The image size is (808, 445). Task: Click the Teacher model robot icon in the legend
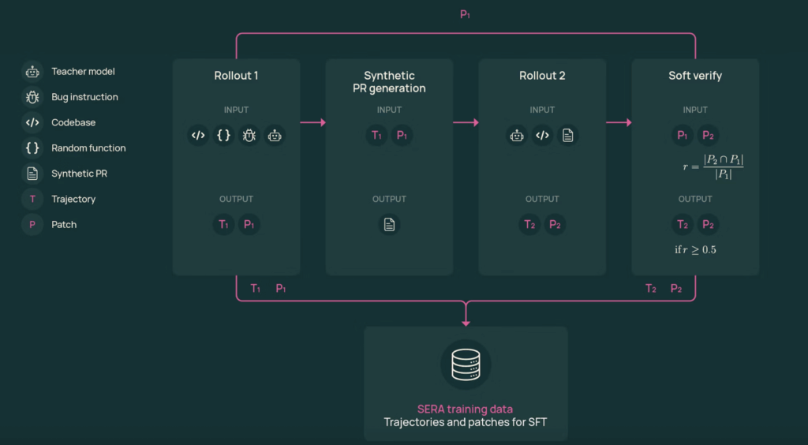32,72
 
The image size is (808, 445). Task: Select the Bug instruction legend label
84,97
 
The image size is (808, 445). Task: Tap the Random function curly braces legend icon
32,148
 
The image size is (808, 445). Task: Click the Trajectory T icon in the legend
32,199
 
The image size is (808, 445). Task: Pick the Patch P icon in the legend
32,224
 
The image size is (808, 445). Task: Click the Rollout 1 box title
236,76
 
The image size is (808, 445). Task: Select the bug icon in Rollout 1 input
249,135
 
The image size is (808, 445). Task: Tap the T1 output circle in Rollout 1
224,224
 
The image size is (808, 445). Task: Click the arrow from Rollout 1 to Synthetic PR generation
312,122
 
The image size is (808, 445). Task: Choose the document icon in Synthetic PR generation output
389,224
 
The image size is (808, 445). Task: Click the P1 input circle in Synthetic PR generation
402,135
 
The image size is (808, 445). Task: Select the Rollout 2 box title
542,76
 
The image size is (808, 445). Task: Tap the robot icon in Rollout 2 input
517,135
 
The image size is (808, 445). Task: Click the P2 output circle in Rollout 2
555,224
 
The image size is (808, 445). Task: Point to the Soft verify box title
695,76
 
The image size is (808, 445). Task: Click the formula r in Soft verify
713,166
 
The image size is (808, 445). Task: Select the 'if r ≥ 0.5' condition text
695,249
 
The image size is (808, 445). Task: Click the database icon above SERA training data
466,365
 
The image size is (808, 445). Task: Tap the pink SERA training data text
465,409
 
